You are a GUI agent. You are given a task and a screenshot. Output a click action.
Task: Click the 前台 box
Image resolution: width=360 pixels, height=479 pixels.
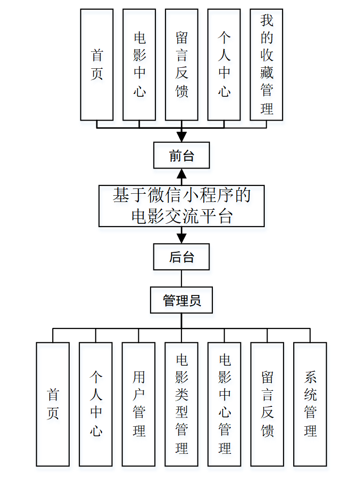(181, 155)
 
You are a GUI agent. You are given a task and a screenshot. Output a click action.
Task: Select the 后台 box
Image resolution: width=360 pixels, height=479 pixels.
(181, 257)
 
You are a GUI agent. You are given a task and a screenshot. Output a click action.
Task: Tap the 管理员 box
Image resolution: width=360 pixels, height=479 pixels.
(181, 300)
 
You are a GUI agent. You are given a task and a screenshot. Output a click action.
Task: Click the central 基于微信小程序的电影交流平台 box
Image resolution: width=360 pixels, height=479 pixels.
(181, 206)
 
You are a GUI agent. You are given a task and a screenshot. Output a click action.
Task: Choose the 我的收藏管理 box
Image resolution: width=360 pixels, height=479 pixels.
(266, 64)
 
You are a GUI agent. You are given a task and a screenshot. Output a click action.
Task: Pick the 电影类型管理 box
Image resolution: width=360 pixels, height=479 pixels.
(181, 404)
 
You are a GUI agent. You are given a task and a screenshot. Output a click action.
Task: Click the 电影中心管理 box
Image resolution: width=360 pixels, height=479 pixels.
(225, 404)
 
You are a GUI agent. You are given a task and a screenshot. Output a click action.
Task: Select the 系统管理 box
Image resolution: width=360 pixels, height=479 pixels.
(310, 404)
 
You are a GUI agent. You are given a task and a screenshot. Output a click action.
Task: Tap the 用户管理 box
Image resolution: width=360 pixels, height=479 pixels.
(138, 404)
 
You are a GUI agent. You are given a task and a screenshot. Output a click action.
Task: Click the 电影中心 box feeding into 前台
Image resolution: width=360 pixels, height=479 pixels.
(139, 64)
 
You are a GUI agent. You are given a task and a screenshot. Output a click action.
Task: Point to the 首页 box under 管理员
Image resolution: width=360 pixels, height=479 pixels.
(53, 404)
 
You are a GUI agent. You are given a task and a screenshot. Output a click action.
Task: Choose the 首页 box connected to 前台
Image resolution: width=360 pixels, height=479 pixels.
(97, 64)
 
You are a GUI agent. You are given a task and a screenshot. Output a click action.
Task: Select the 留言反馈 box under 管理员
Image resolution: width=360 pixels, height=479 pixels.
(267, 404)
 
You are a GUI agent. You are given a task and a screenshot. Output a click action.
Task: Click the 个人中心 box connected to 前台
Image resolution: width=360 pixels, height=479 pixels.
(224, 64)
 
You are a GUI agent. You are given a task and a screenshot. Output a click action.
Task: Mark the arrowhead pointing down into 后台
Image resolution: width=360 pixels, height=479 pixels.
(181, 239)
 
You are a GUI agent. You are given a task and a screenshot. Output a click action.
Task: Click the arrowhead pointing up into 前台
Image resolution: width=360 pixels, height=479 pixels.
(181, 173)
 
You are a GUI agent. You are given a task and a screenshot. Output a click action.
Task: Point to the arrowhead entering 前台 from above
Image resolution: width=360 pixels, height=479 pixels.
(181, 137)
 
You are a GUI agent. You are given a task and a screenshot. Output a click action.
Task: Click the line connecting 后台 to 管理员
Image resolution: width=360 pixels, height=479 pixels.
(181, 278)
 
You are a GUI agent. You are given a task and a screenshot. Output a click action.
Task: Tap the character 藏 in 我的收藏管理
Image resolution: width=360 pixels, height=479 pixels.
(267, 72)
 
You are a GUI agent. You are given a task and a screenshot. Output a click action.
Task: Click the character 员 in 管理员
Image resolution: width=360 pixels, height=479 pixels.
(195, 300)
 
